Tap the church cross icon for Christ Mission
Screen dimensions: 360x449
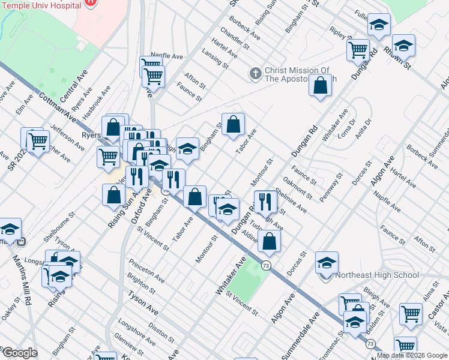255,74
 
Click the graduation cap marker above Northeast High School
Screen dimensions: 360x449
327,262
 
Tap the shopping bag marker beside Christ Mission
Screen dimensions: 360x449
321,85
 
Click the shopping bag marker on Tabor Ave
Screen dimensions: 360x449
234,124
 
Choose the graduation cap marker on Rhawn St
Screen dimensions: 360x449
403,45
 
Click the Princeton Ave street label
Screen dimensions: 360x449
146,272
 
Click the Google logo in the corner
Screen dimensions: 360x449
19,353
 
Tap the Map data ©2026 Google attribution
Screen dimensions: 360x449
412,355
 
